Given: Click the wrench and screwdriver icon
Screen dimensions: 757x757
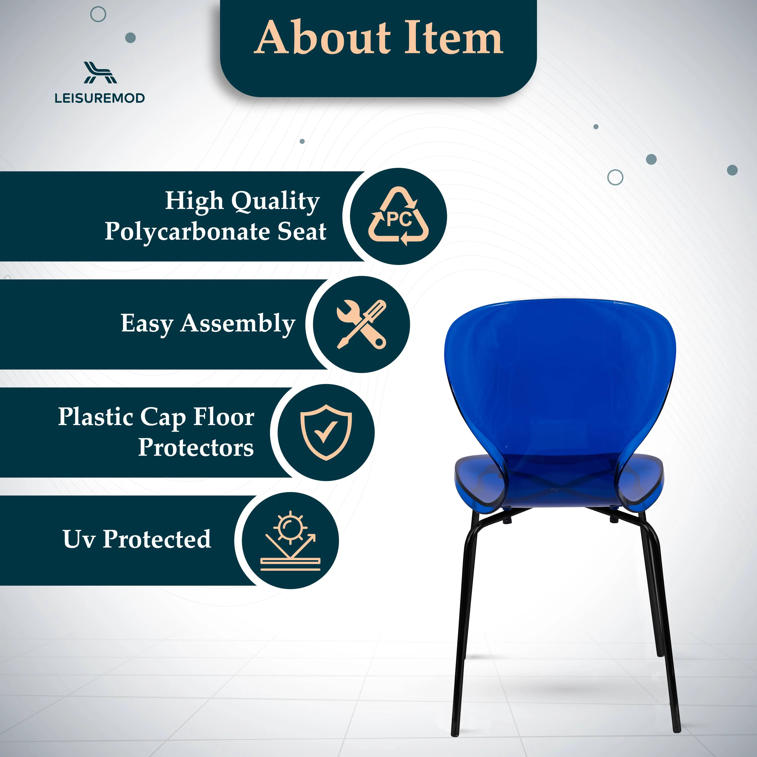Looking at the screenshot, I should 361,325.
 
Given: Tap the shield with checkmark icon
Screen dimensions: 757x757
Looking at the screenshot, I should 326,432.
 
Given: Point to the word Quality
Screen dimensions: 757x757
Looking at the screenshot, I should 276,201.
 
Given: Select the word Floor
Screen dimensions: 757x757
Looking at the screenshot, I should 224,417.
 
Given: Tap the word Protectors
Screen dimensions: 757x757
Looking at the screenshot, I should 196,447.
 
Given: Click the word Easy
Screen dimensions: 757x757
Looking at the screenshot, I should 147,324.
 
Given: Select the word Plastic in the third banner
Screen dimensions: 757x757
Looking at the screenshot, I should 96,417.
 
